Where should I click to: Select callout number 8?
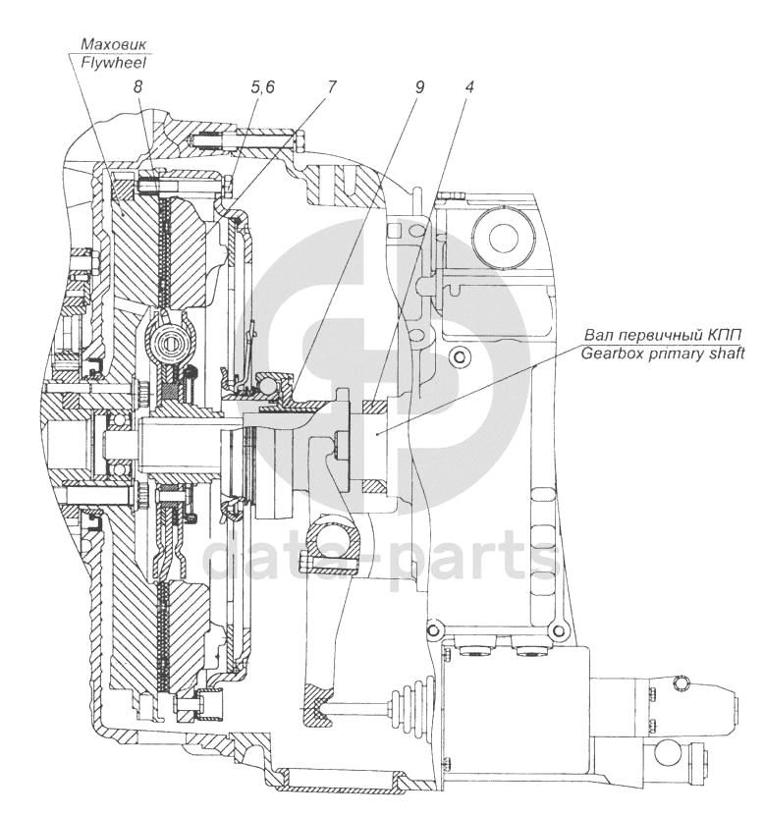point(139,86)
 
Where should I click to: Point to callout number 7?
point(331,86)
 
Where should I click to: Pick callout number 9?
point(419,86)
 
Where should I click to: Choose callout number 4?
point(470,86)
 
